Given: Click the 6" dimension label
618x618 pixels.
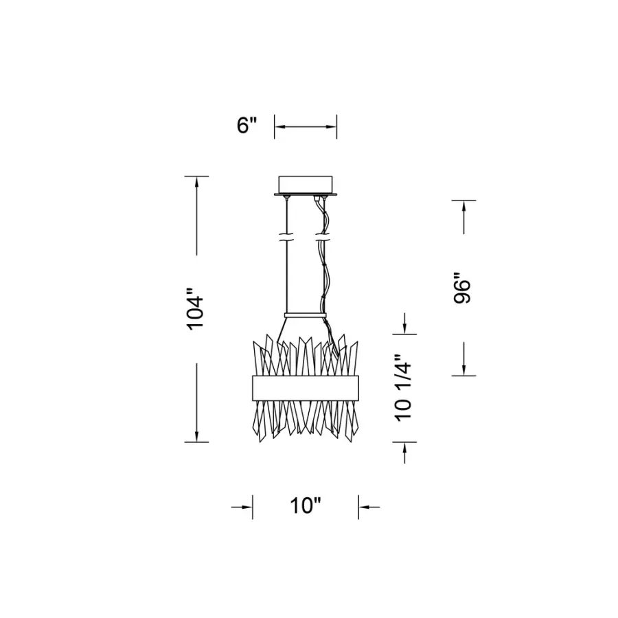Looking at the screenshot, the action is [247, 125].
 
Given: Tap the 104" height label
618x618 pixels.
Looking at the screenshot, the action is [196, 309].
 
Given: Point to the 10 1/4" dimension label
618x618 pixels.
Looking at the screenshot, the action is [403, 388].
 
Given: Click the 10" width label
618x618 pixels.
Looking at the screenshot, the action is [306, 505].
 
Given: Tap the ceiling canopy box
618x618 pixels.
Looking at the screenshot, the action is [306, 185].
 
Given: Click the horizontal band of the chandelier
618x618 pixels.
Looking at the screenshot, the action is [306, 388].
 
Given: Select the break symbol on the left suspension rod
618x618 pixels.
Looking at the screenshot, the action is [286, 238].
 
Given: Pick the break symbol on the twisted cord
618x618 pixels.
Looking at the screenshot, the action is [323, 238].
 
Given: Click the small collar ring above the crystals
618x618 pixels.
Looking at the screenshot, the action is [306, 315].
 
